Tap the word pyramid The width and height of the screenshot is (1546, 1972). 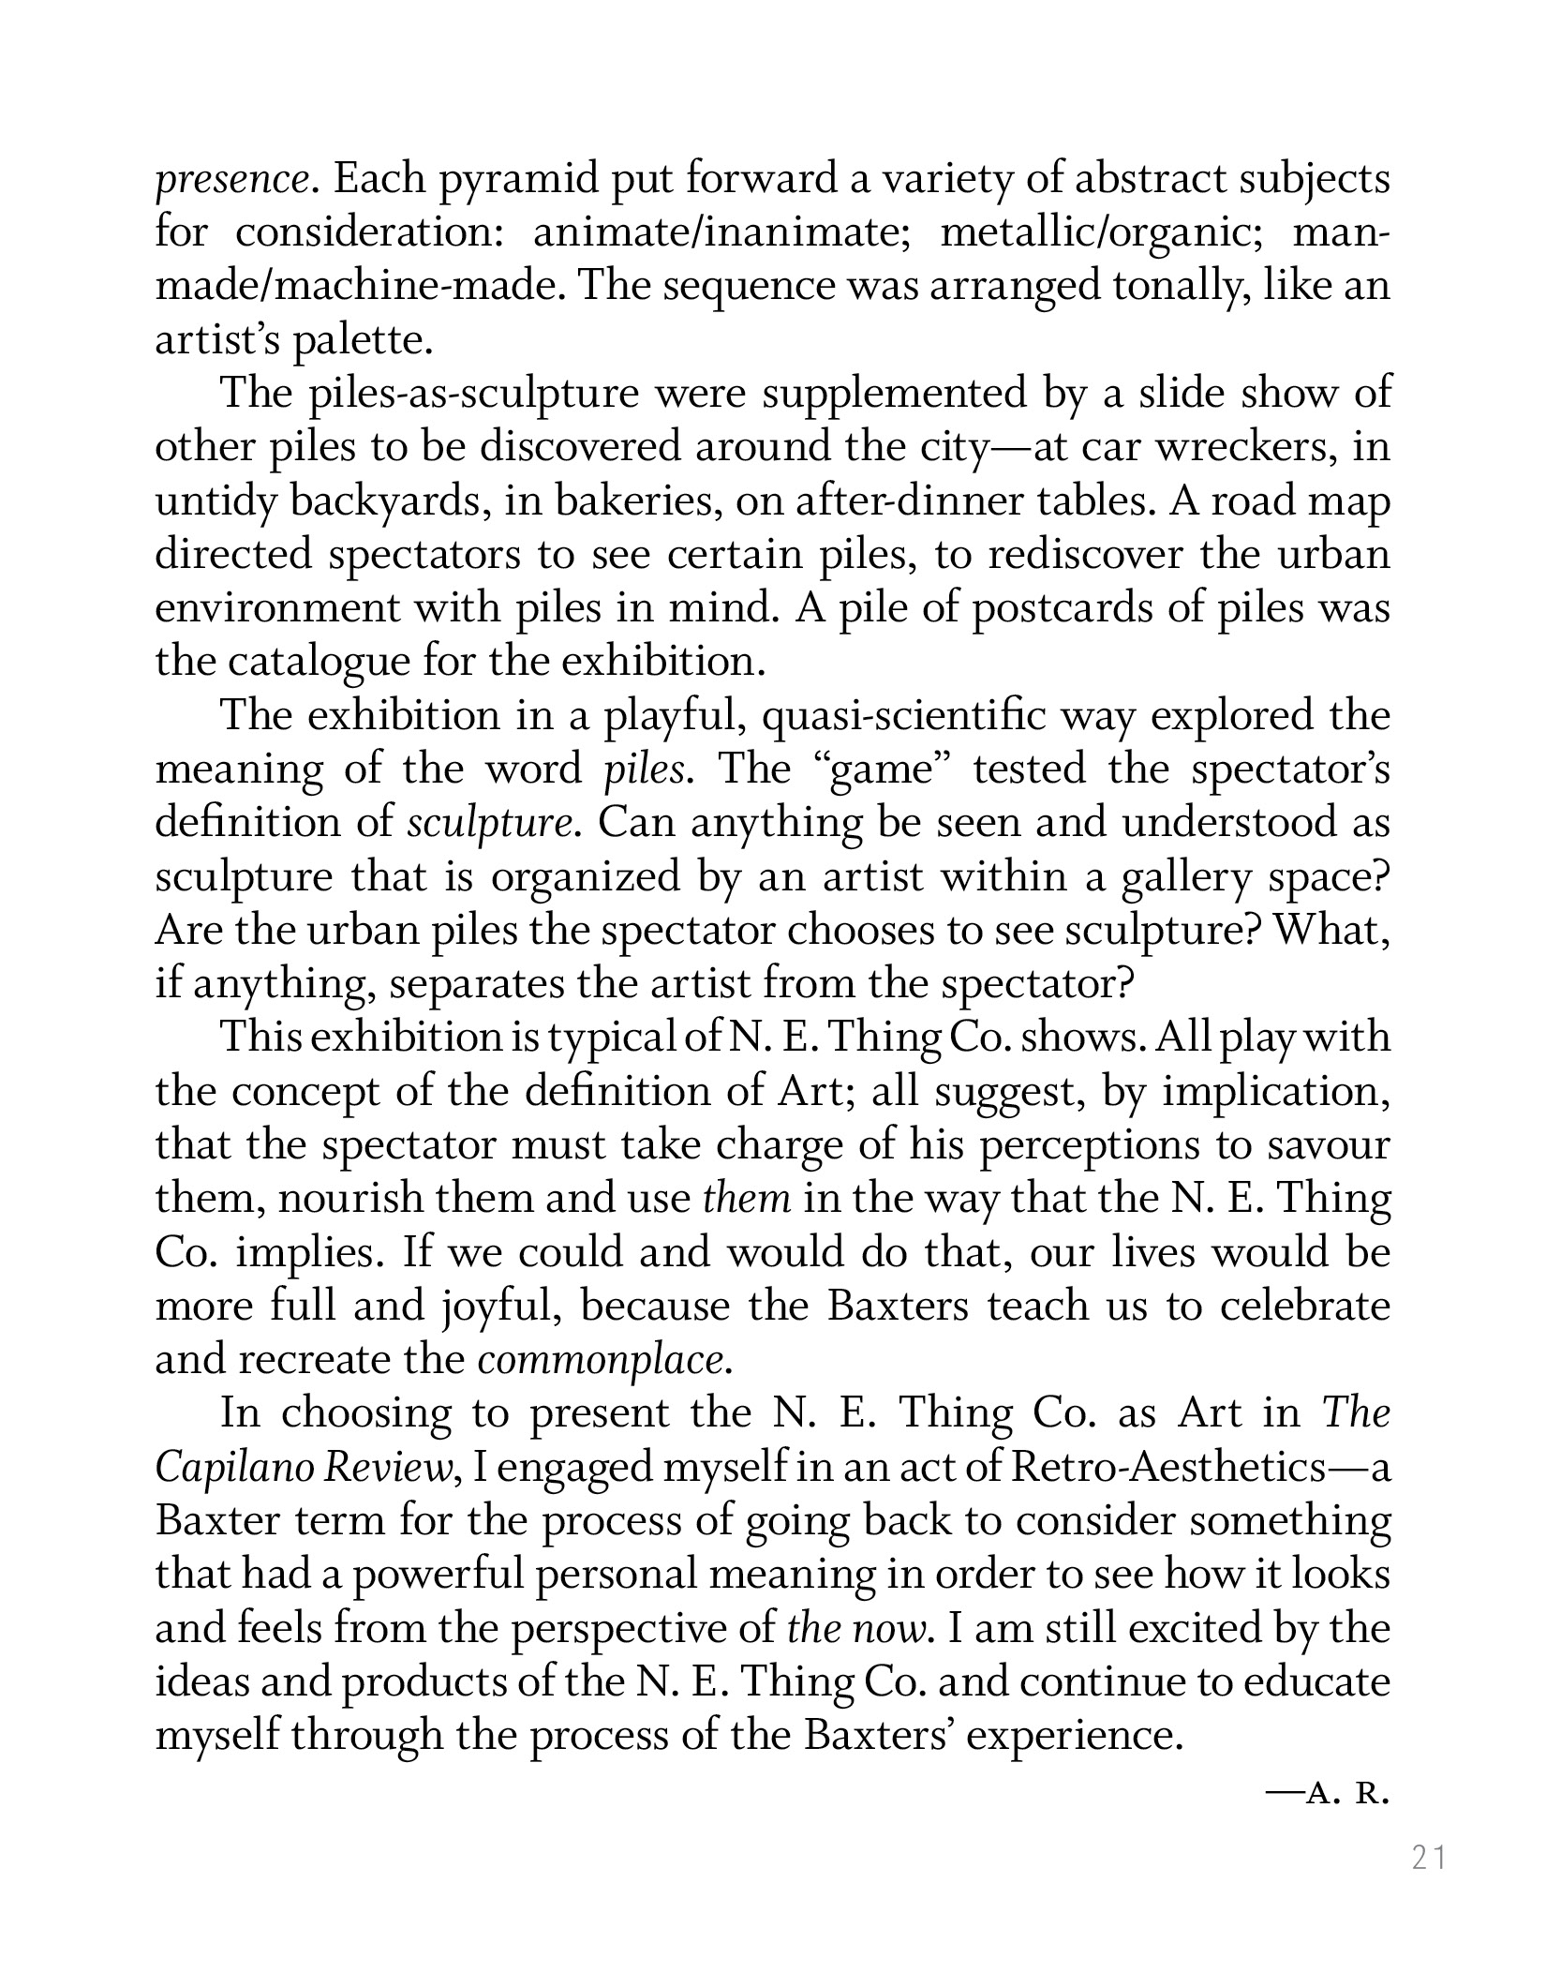pos(519,180)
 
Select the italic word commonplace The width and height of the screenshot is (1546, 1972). pos(604,1360)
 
